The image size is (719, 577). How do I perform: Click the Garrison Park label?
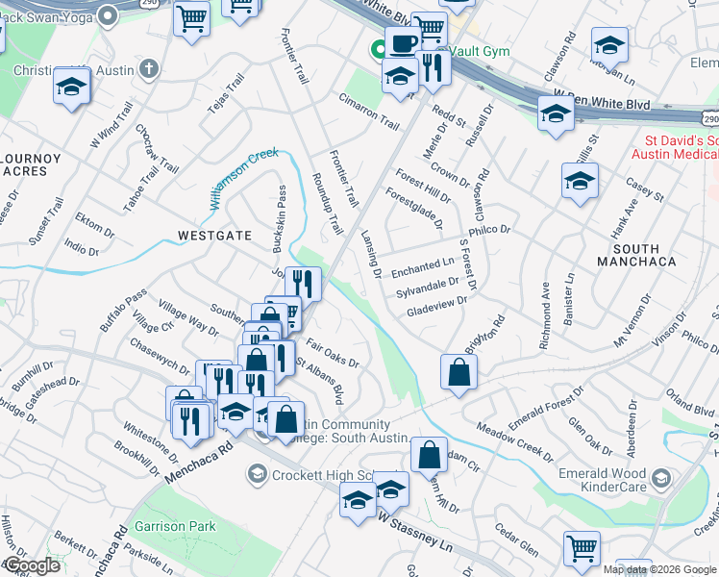pyautogui.click(x=175, y=526)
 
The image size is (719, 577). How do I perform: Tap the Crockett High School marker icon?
pyautogui.click(x=256, y=474)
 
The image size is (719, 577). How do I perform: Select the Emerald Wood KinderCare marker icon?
pyautogui.click(x=660, y=478)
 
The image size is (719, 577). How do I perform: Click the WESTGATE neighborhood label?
pyautogui.click(x=214, y=235)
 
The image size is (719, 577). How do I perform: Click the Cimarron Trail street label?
pyautogui.click(x=368, y=112)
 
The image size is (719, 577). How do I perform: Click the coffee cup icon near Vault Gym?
pyautogui.click(x=403, y=42)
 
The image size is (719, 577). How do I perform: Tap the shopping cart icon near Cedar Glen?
pyautogui.click(x=582, y=549)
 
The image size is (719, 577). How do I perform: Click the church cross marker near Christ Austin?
pyautogui.click(x=148, y=69)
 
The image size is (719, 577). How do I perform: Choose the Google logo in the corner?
pyautogui.click(x=32, y=566)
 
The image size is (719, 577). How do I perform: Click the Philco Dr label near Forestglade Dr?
pyautogui.click(x=489, y=231)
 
